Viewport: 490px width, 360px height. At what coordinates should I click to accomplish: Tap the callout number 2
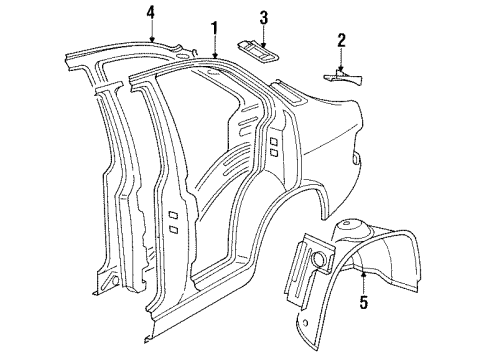coord(341,41)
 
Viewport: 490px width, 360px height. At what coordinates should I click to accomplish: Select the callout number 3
coord(263,17)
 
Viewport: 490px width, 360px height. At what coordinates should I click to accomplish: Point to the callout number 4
coord(150,13)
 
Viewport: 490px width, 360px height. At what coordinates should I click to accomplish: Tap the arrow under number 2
coord(341,62)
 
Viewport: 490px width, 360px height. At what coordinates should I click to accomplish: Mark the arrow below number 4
coord(150,34)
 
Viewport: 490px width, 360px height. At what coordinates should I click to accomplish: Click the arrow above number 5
coord(363,275)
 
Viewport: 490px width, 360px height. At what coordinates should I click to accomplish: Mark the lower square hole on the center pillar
coord(172,229)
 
